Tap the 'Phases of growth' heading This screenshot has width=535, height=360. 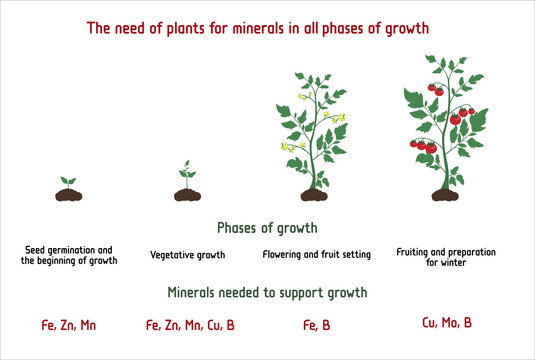coord(267,227)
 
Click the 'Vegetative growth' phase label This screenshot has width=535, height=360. coord(187,255)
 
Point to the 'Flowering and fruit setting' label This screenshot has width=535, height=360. coord(316,255)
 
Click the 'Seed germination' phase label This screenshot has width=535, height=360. coord(68,254)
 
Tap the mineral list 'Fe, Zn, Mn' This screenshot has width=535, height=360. coord(68,324)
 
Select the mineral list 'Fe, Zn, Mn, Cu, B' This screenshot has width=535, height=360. coord(190,324)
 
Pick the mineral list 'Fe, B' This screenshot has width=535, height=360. coord(317,324)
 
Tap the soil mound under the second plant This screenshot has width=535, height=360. coord(187,194)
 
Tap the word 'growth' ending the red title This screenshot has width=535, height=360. coord(402,29)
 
